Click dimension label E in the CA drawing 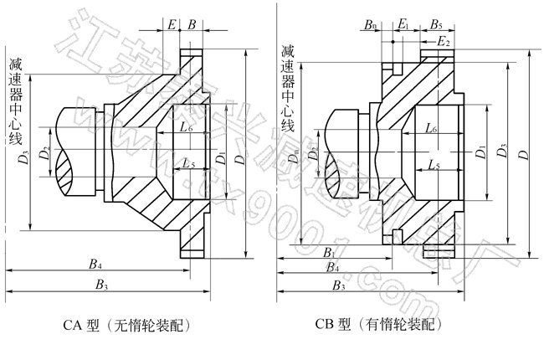click(172, 24)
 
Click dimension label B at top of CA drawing click(192, 24)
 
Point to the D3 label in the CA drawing click(25, 154)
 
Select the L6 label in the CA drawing click(186, 127)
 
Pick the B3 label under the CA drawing click(102, 285)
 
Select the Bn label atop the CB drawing click(371, 24)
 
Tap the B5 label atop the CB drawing click(437, 24)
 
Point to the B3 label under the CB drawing click(339, 285)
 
